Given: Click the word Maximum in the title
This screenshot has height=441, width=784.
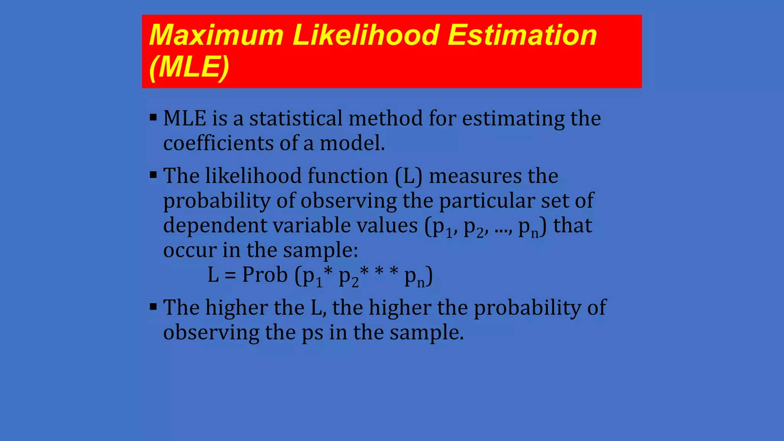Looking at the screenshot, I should tap(216, 35).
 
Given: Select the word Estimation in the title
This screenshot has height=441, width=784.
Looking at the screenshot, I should tap(522, 35).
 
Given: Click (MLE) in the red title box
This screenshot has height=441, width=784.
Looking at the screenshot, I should tap(189, 67).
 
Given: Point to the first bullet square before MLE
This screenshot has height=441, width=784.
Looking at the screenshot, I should tap(154, 117).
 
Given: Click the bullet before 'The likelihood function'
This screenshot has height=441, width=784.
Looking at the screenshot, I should tap(154, 175).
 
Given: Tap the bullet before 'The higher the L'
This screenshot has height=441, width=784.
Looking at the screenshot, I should tap(154, 307).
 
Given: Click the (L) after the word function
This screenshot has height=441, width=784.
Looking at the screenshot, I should tap(408, 176).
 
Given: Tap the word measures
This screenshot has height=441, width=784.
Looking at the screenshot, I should tap(475, 176).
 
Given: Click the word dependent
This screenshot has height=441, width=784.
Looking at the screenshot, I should tap(215, 225).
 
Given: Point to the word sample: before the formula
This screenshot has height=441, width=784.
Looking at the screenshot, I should tap(320, 250).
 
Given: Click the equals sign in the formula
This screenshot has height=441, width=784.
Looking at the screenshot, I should tap(230, 275).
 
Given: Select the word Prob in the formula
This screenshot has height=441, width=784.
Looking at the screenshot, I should tap(265, 275).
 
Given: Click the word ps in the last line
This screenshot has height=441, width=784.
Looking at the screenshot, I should tap(312, 333).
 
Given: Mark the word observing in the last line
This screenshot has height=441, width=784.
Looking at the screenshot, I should tap(211, 332).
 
